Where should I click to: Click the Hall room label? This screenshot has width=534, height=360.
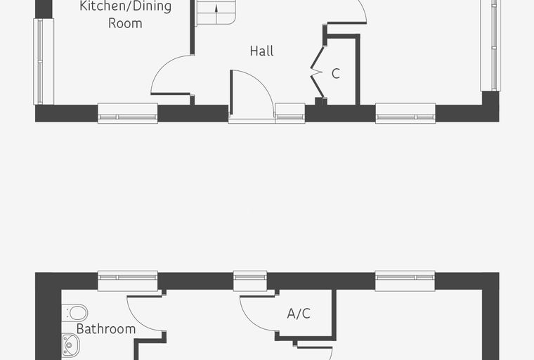[x=261, y=51]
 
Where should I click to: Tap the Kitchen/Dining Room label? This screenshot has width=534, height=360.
[x=125, y=15]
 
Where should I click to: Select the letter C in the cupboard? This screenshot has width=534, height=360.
[x=335, y=74]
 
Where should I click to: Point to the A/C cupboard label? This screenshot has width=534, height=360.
[x=299, y=314]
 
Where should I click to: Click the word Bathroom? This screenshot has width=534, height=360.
[x=106, y=329]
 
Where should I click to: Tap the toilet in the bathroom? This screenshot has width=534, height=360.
[x=75, y=313]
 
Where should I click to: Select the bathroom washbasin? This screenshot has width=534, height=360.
[x=70, y=345]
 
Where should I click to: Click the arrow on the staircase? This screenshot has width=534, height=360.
[x=216, y=15]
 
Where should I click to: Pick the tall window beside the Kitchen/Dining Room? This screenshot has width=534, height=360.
[x=44, y=61]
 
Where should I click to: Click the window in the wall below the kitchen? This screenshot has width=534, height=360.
[x=128, y=113]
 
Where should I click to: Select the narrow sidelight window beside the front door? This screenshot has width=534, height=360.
[x=289, y=113]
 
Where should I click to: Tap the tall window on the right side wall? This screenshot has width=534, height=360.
[x=490, y=46]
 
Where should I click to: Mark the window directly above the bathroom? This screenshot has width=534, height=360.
[x=128, y=281]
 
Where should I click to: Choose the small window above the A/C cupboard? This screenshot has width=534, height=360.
[x=250, y=281]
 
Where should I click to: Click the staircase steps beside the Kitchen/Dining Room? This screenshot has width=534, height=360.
[x=214, y=13]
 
